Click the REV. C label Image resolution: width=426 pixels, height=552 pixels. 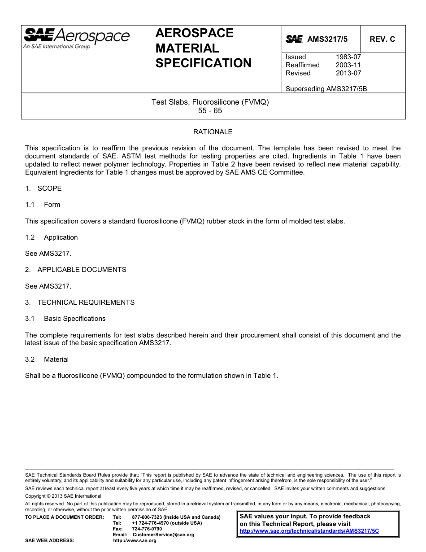(x=382, y=39)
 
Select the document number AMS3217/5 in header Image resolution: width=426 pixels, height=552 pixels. (x=327, y=39)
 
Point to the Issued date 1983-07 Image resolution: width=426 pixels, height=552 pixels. (x=348, y=57)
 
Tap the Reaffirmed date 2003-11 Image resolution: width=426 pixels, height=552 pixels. (x=348, y=65)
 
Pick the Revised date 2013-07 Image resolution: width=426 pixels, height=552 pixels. (x=348, y=73)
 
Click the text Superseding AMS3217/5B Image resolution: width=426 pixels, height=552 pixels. (x=326, y=89)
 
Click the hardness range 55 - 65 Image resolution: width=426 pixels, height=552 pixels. (x=210, y=110)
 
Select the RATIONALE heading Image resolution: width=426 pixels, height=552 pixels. (x=213, y=132)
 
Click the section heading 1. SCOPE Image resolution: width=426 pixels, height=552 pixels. (x=43, y=188)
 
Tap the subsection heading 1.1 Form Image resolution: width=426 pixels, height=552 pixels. (x=43, y=205)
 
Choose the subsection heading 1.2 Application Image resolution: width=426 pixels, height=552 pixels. (x=52, y=237)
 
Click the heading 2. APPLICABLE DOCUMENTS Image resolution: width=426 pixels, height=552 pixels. (x=76, y=270)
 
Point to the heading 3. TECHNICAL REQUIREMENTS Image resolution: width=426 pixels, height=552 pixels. (x=80, y=302)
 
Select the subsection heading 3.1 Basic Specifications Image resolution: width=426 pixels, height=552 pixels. (x=65, y=319)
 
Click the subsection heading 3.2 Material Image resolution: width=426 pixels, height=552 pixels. (x=47, y=359)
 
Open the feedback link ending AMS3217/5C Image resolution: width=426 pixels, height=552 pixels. (x=309, y=530)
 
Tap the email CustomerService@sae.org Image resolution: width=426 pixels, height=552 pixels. (x=163, y=534)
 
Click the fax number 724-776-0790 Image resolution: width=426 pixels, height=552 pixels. (x=147, y=529)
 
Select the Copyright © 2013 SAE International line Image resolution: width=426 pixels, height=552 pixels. (x=63, y=496)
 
